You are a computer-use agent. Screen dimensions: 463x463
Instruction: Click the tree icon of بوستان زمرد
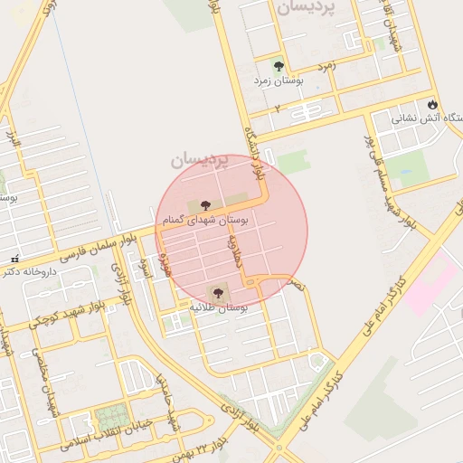pos(278,66)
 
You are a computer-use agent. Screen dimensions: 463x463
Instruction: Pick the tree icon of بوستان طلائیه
pos(217,292)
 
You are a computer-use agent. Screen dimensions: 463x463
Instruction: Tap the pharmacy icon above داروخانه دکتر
pos(13,258)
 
